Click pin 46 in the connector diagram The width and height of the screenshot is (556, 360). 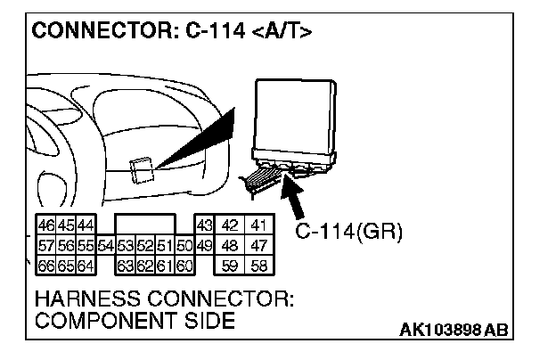pos(45,226)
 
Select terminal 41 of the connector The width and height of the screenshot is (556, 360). pos(259,226)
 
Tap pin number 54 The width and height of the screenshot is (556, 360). pos(106,245)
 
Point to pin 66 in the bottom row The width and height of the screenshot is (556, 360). pos(45,265)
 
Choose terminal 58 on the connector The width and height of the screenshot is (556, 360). pos(259,265)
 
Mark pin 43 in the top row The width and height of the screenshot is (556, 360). pos(204,226)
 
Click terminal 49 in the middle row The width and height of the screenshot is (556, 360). pos(204,245)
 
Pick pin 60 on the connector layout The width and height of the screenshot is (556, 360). pos(185,265)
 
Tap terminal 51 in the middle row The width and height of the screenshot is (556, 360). pos(164,245)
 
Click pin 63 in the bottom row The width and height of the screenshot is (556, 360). pos(126,265)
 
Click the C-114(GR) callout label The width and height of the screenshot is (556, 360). pos(349,233)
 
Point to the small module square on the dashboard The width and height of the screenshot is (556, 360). pos(143,169)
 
